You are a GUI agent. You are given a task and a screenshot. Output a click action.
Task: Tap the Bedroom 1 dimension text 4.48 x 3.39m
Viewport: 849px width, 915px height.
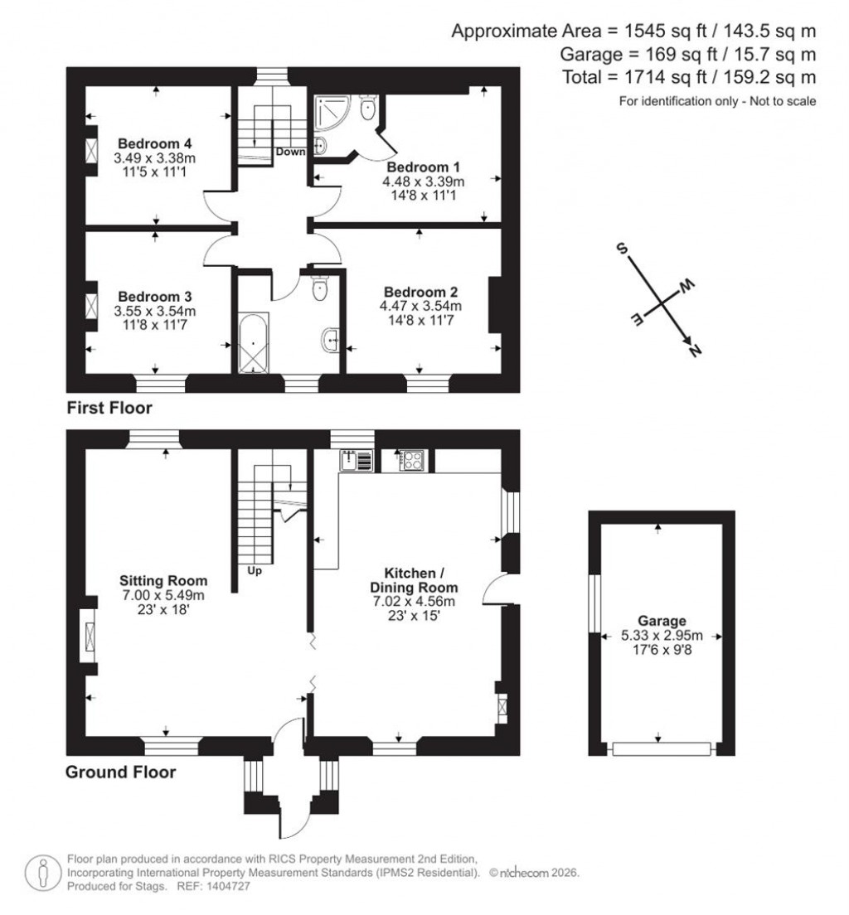click(x=423, y=182)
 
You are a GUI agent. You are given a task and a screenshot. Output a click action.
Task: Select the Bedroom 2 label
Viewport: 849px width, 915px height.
click(x=421, y=292)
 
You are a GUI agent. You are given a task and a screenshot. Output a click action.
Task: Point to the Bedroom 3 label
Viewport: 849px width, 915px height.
click(x=155, y=296)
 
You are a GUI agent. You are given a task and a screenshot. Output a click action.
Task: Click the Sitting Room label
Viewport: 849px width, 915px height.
click(x=163, y=580)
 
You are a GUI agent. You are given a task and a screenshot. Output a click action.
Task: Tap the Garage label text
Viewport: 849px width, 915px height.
click(x=662, y=621)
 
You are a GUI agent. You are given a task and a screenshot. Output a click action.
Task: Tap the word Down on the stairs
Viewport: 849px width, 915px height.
click(x=290, y=152)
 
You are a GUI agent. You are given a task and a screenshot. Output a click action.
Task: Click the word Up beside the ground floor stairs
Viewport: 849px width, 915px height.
click(x=254, y=570)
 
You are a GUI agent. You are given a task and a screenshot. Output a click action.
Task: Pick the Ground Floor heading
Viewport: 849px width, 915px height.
click(x=120, y=772)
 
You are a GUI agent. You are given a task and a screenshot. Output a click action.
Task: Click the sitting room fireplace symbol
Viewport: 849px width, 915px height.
click(x=86, y=635)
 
